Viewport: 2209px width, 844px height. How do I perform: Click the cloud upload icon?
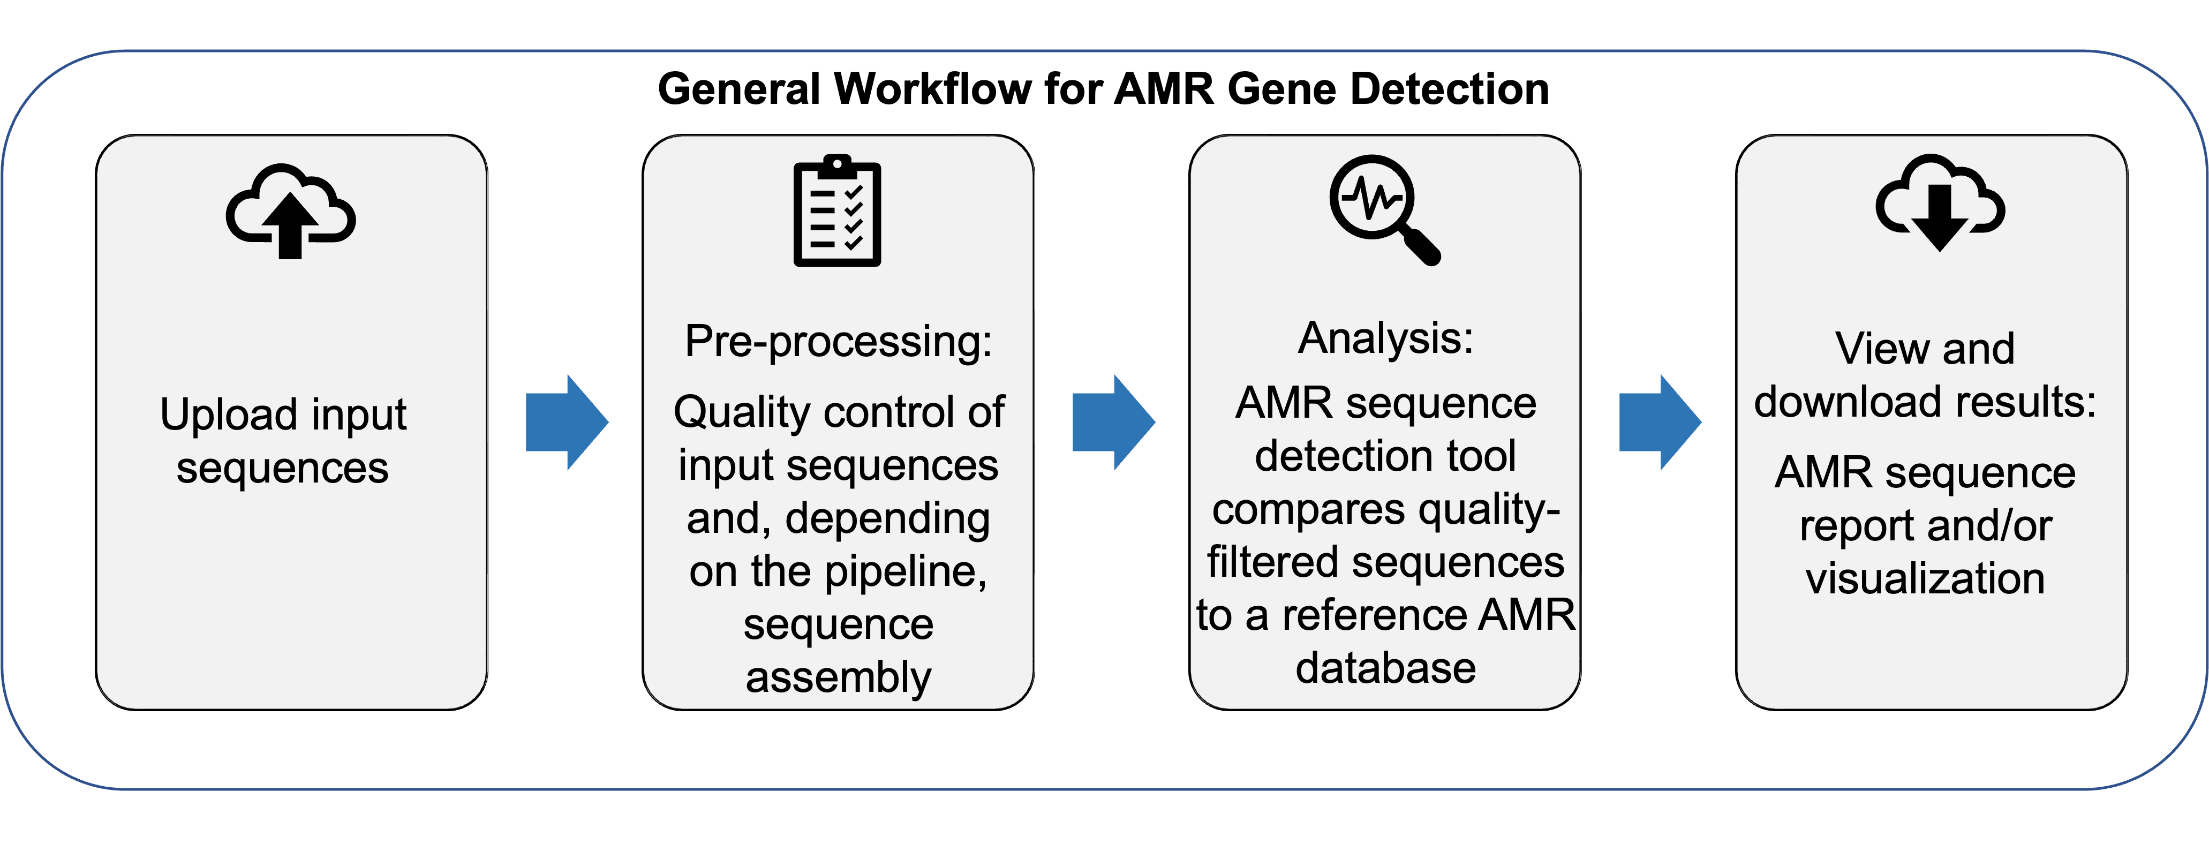pos(291,211)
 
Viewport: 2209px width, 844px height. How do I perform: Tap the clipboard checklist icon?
pos(837,211)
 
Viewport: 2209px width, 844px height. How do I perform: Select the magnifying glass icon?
pos(1384,209)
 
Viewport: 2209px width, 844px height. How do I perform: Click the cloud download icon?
pos(1940,202)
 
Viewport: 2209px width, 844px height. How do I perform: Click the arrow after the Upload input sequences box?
pos(567,422)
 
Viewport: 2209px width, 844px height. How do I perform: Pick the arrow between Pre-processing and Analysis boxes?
pos(1114,422)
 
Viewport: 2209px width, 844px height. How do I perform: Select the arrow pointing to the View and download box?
pos(1660,422)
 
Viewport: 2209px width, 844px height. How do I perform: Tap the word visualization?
pos(1925,578)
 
